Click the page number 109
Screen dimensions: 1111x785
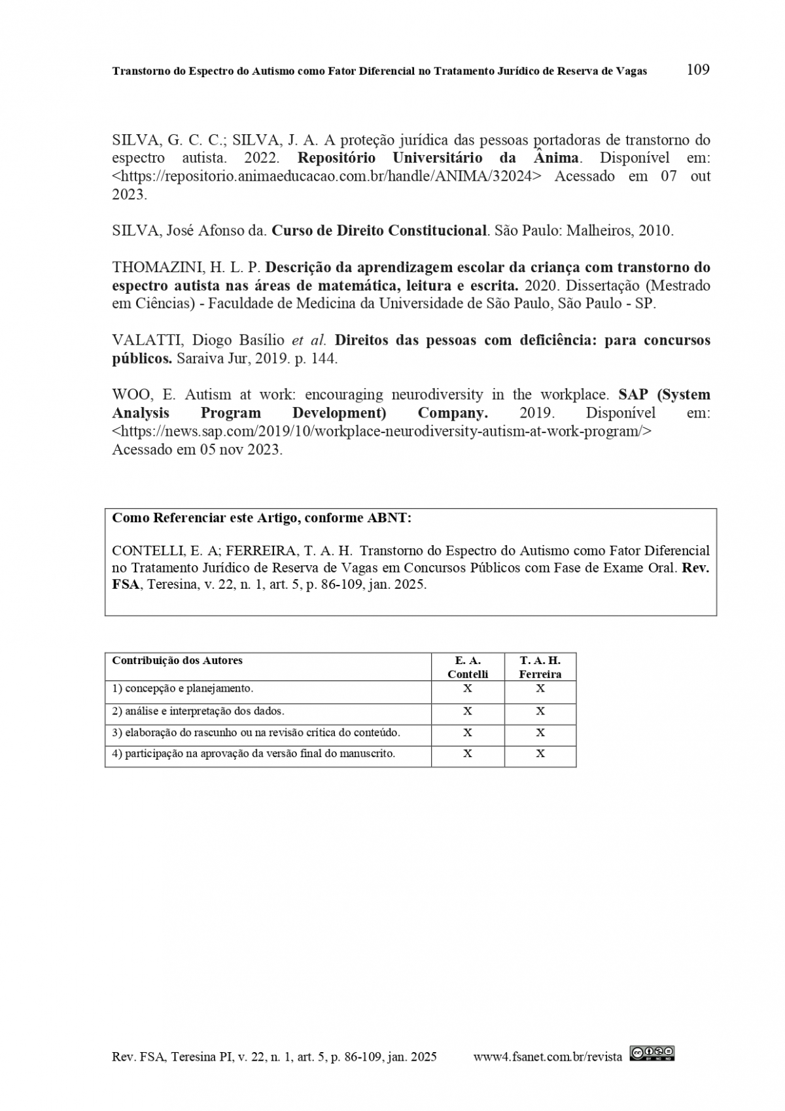(x=698, y=69)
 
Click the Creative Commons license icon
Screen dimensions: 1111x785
(x=652, y=1053)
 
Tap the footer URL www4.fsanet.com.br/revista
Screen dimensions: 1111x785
(x=548, y=1057)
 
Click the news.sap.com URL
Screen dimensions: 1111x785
(x=382, y=431)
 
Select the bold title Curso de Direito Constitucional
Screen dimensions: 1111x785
(x=379, y=230)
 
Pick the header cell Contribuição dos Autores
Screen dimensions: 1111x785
(x=177, y=660)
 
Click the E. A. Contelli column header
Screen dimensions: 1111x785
(x=468, y=667)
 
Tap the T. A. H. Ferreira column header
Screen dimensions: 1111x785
(x=540, y=667)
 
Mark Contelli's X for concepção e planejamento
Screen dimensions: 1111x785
(x=468, y=688)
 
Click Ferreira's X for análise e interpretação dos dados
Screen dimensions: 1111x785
(x=540, y=711)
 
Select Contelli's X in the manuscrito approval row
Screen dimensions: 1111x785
(x=468, y=754)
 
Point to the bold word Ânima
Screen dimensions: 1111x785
(x=556, y=158)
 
